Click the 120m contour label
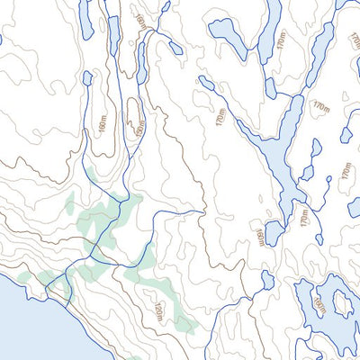point(158,313)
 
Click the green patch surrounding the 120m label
point(166,306)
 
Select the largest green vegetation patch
point(108,225)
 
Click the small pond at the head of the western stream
point(87,78)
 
